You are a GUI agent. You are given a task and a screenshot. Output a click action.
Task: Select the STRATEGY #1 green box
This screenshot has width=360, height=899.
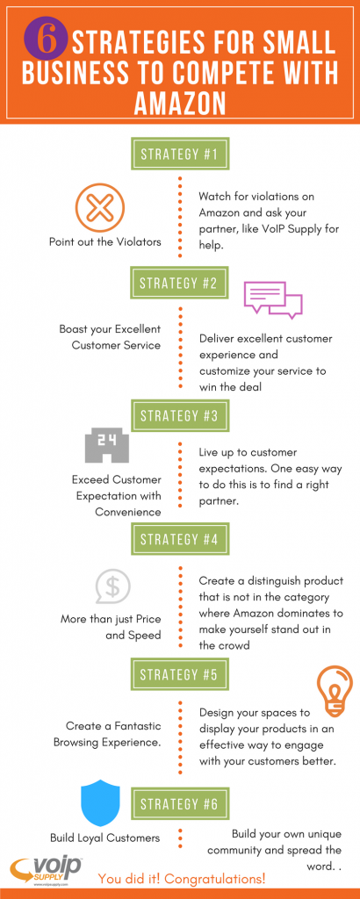(x=180, y=154)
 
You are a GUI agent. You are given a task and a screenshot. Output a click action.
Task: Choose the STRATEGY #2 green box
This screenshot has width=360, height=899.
(x=180, y=284)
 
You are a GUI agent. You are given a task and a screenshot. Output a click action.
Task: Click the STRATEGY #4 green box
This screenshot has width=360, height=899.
(x=180, y=540)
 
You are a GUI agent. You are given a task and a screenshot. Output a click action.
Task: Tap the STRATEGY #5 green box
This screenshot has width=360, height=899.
(x=180, y=675)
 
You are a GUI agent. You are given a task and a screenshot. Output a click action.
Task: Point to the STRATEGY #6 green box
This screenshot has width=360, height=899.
(x=180, y=804)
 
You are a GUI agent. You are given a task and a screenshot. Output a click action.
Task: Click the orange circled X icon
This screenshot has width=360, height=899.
(x=100, y=206)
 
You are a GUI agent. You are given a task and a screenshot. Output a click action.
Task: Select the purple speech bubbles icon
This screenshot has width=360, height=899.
(x=273, y=299)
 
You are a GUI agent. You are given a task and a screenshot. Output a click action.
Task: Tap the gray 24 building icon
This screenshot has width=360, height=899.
(x=106, y=447)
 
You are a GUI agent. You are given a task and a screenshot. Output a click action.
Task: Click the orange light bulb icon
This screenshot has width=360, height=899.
(x=335, y=691)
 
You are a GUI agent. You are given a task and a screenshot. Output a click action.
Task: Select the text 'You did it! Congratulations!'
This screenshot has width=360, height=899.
(x=182, y=878)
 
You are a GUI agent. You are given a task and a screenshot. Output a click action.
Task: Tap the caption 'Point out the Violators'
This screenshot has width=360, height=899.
(x=104, y=241)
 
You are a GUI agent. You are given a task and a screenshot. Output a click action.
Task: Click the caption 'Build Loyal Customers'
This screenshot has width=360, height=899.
(x=104, y=838)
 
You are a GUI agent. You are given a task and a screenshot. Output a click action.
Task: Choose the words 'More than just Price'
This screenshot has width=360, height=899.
(x=111, y=619)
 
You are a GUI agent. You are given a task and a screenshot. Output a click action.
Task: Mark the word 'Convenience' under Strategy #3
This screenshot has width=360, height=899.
(x=128, y=512)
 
